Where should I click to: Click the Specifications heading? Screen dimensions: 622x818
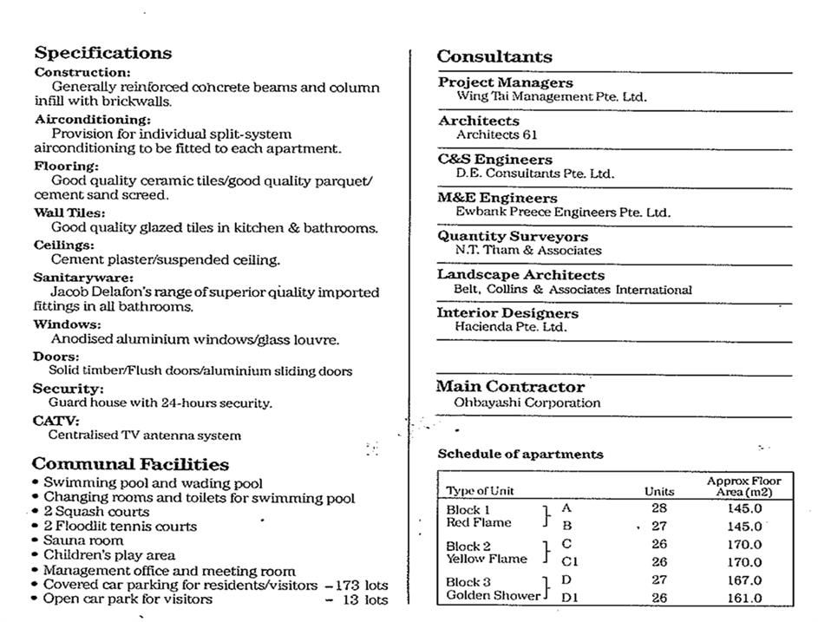click(102, 53)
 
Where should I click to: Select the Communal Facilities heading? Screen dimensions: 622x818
click(130, 464)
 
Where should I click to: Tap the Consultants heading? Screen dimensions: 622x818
click(494, 57)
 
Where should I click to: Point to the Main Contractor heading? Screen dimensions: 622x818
click(510, 386)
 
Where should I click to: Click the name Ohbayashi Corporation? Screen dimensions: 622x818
click(527, 403)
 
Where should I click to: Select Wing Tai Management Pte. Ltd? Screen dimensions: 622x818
click(551, 97)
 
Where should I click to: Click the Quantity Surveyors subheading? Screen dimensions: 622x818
click(512, 236)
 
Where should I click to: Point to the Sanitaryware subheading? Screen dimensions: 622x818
click(71, 278)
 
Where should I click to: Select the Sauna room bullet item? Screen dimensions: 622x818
click(83, 540)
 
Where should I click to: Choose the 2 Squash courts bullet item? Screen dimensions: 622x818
click(96, 512)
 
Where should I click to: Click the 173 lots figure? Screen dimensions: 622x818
click(363, 586)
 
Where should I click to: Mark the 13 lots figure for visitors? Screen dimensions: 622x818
click(366, 599)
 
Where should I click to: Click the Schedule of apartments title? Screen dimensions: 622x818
click(520, 454)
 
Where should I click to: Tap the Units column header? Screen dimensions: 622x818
click(659, 491)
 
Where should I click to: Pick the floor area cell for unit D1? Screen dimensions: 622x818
click(745, 598)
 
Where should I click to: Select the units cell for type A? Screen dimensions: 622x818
click(659, 508)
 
